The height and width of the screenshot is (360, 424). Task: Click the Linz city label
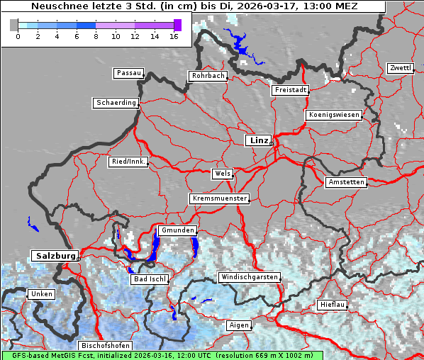point(258,140)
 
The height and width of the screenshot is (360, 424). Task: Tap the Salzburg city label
point(55,255)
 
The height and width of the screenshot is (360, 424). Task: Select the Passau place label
point(128,73)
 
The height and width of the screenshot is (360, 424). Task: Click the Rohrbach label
point(207,76)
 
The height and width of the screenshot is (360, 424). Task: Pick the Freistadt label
point(290,90)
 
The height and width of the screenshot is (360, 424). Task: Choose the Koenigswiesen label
point(334,115)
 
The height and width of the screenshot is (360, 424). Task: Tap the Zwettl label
point(400,68)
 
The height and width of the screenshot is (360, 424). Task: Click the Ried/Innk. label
point(128,162)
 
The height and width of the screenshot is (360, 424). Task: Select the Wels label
point(222,174)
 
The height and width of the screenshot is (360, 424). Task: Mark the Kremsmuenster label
point(219,198)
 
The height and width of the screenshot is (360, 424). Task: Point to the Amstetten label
point(346,182)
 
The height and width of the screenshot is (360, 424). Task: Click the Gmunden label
point(177,231)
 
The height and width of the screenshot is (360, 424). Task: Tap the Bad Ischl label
point(150,279)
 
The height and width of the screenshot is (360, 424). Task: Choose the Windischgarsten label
point(249,277)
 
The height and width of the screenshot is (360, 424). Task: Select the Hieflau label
point(333,305)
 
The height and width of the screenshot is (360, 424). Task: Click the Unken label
point(40,293)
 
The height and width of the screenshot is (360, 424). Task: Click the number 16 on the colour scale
point(174,36)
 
